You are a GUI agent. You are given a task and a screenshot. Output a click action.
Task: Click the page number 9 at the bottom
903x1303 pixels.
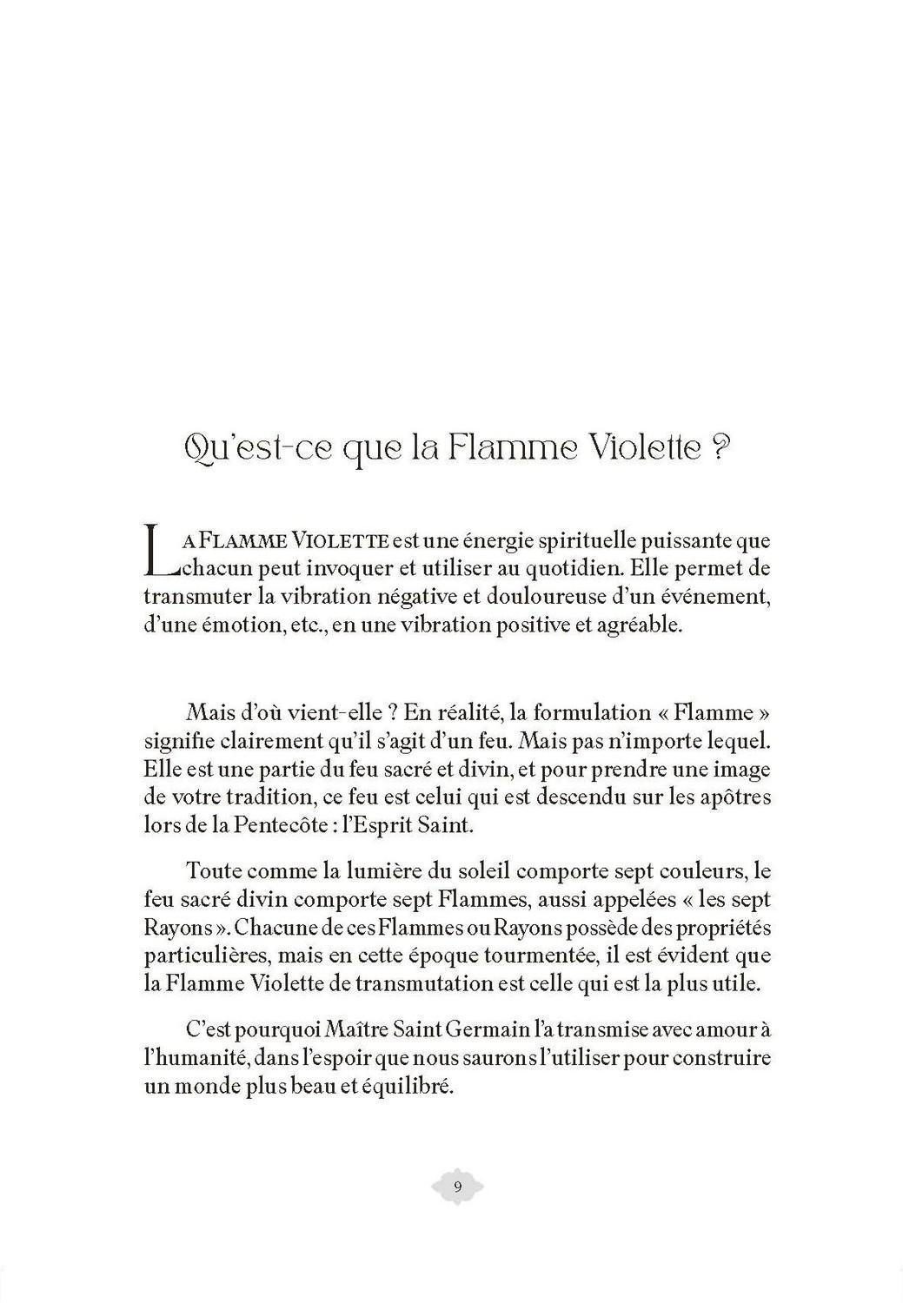(x=457, y=1187)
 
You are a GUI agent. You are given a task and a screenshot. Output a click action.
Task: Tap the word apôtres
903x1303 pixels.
(x=728, y=796)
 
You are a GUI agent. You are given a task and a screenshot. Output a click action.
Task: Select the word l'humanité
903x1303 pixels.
(x=196, y=1059)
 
